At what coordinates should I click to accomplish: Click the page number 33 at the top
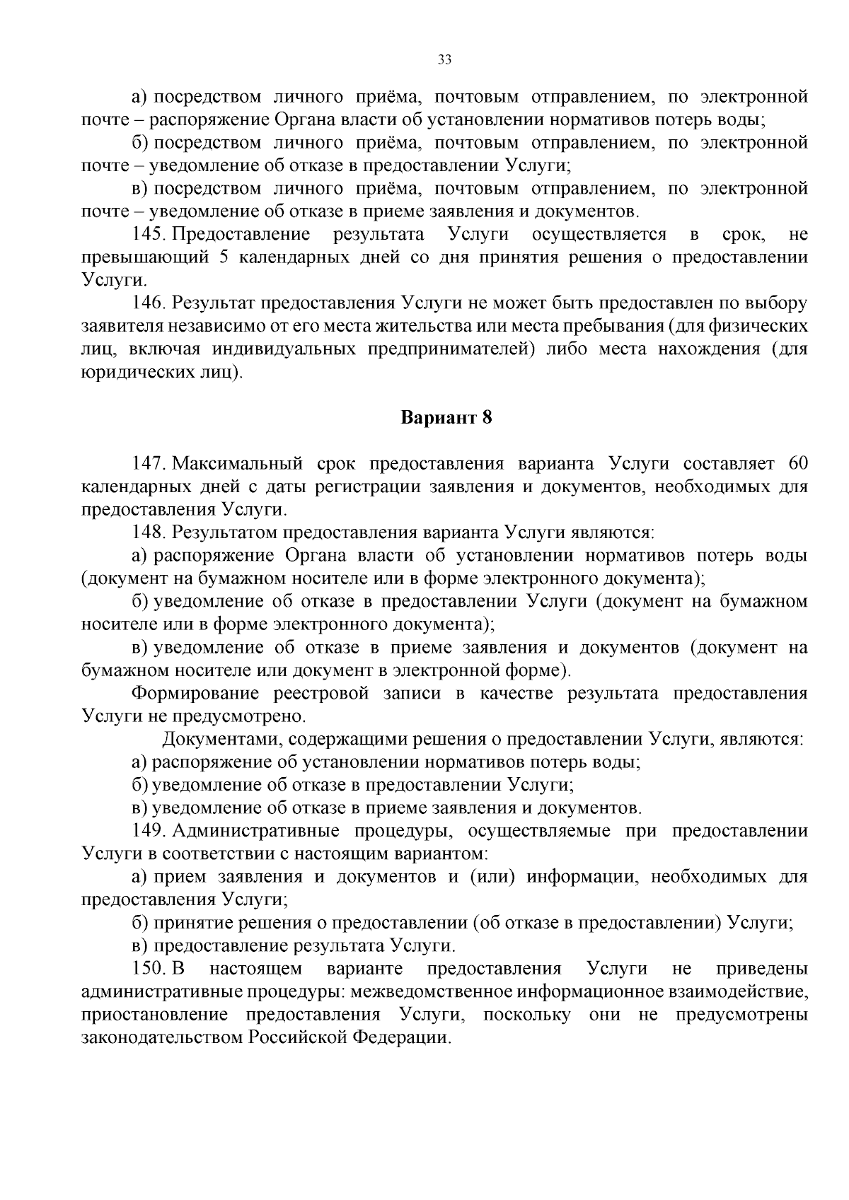(x=445, y=59)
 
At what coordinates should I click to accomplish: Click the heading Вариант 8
(x=446, y=417)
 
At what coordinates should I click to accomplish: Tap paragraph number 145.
(x=149, y=234)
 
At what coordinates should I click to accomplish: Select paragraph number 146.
(x=149, y=303)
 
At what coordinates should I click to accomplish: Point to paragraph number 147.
(x=149, y=464)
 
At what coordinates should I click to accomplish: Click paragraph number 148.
(x=149, y=532)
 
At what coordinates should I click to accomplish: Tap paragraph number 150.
(x=149, y=968)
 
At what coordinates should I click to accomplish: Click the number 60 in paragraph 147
(x=797, y=464)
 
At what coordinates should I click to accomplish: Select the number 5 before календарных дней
(x=224, y=257)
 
